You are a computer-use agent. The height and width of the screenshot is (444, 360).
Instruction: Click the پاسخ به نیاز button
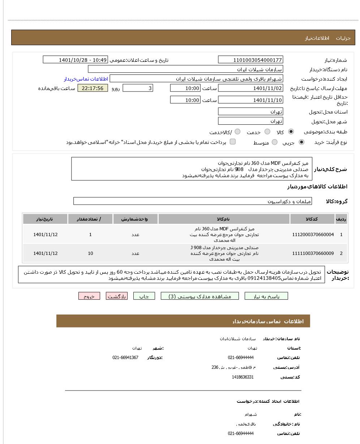point(266,296)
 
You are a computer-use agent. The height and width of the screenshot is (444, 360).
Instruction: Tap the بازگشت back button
point(116,296)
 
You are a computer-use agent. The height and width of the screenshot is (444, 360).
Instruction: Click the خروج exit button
point(89,296)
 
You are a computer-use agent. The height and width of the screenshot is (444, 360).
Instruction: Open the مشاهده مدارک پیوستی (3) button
point(200,296)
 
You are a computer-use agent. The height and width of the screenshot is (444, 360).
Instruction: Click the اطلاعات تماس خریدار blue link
point(86,79)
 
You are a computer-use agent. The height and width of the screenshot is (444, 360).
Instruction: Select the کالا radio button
point(291,132)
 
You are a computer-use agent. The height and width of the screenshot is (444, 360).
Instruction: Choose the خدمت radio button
point(267,132)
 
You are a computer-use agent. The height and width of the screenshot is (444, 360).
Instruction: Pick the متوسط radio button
point(275,142)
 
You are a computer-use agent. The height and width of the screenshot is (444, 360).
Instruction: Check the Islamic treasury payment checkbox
point(233,142)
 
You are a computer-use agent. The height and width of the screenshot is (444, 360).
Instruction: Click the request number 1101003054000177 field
point(250,60)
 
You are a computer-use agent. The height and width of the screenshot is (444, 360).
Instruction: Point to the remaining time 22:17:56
point(93,88)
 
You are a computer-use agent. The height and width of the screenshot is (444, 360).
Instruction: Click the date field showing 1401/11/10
point(250,100)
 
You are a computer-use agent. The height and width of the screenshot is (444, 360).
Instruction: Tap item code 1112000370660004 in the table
point(313,235)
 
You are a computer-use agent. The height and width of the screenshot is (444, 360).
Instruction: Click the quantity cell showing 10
point(90,253)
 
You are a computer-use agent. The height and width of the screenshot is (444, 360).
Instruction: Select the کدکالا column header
point(312,219)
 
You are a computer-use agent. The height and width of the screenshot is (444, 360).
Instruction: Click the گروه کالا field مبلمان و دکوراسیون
point(193,201)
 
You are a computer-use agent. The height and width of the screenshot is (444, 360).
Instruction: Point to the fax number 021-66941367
point(125,358)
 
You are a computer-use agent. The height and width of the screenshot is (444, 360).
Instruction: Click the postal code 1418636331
point(243,377)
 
